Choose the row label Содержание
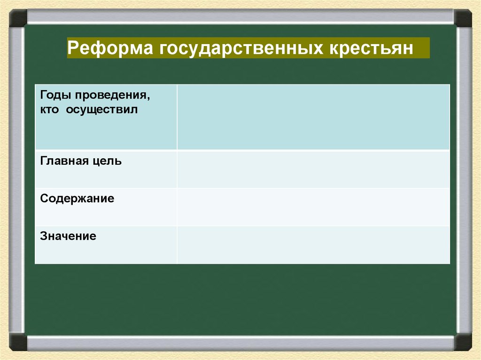tap(77, 199)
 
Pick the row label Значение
tap(68, 236)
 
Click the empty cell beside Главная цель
tap(313, 169)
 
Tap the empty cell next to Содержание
tap(313, 207)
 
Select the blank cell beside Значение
tap(313, 245)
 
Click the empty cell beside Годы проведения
tap(313, 117)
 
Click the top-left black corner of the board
tap(18, 18)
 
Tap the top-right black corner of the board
tap(463, 18)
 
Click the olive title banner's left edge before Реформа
tap(69, 48)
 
